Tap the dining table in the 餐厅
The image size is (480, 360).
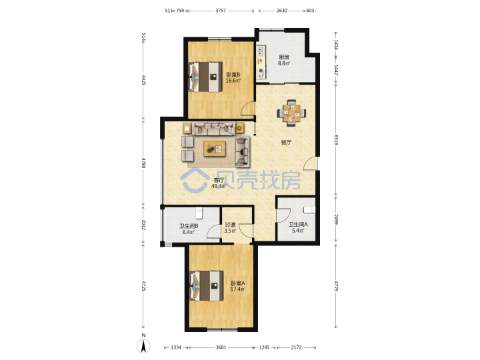click(291, 113)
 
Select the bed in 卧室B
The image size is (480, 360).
click(205, 77)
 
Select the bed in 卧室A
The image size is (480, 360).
click(206, 285)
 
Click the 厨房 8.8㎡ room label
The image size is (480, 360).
click(284, 60)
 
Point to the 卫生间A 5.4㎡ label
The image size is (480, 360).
click(298, 227)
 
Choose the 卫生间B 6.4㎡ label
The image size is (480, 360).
click(189, 229)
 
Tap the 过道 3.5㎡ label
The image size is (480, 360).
click(230, 227)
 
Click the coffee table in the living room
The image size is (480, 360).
click(215, 149)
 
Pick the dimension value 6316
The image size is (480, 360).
click(336, 139)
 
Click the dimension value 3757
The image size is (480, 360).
click(221, 11)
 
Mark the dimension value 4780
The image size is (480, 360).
click(143, 162)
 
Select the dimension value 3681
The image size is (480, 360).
click(221, 347)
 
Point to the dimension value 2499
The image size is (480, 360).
click(336, 219)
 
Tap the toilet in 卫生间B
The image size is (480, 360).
click(199, 213)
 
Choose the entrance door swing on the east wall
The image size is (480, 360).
click(311, 163)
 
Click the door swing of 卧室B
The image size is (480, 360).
click(247, 109)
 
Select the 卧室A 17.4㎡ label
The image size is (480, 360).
click(237, 286)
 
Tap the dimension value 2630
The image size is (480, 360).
click(281, 11)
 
